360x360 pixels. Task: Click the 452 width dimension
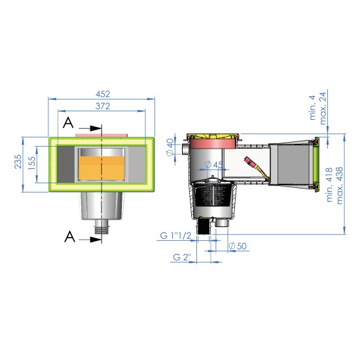click(x=101, y=94)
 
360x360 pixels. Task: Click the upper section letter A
click(x=69, y=122)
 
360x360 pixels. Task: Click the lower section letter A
click(x=69, y=237)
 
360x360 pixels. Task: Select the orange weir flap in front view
click(x=101, y=167)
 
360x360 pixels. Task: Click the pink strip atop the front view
click(x=101, y=134)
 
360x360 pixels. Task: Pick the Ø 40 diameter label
click(x=170, y=147)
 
